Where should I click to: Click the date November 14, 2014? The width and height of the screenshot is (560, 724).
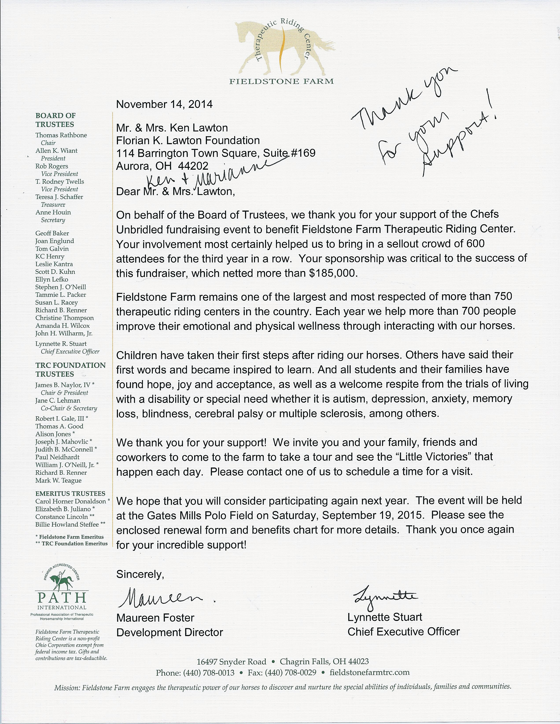tap(164, 104)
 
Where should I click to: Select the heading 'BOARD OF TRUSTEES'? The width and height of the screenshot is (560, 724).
tap(55, 120)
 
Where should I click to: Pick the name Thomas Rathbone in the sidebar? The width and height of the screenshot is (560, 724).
tap(61, 135)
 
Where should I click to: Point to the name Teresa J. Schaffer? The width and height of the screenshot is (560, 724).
tap(59, 197)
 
